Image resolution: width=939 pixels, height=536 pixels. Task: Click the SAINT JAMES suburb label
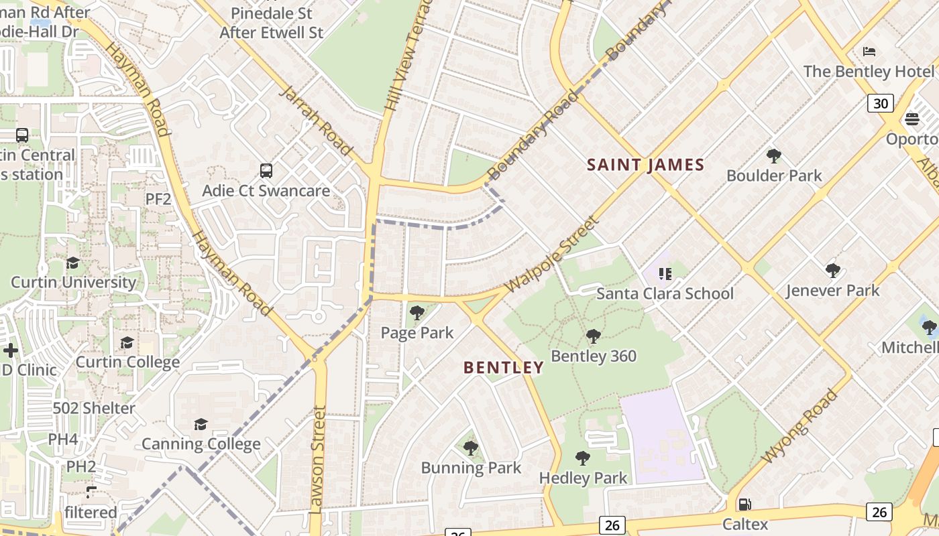tap(645, 165)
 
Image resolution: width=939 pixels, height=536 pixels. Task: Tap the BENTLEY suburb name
tap(503, 367)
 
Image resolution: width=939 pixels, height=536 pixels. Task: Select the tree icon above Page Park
tap(417, 313)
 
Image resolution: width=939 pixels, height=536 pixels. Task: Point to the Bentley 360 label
tap(594, 356)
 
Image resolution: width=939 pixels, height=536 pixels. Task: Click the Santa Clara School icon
tap(665, 274)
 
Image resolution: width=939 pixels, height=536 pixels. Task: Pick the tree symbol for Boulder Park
tap(773, 156)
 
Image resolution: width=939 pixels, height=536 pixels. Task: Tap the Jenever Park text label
tap(832, 291)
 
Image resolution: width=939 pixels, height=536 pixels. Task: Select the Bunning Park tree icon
tap(470, 448)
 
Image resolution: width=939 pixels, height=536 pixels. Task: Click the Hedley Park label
tap(583, 478)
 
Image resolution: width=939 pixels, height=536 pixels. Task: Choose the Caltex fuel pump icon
tap(744, 505)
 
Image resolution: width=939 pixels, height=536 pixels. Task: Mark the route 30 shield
tap(881, 103)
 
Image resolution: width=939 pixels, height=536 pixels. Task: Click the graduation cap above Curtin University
tap(72, 263)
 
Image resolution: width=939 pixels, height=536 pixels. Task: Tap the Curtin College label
tap(127, 362)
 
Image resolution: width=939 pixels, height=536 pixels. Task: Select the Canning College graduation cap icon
tap(201, 424)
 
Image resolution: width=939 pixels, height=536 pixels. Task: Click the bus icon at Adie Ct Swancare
tap(266, 171)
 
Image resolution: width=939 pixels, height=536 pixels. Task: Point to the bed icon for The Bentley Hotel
tap(869, 52)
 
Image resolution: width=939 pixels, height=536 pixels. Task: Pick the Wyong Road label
tap(800, 426)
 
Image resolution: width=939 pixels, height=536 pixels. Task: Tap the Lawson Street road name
tap(318, 460)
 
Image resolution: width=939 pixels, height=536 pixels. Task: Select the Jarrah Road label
tap(315, 120)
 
